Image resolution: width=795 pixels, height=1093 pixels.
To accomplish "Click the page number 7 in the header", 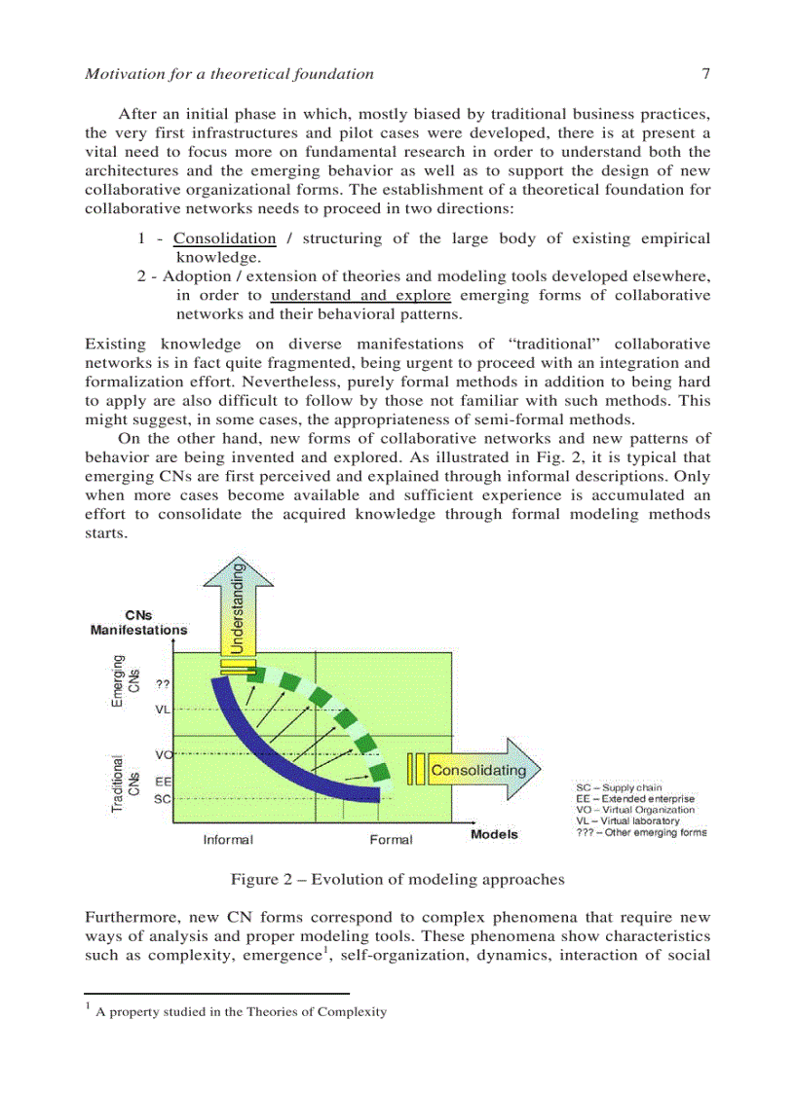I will pos(705,73).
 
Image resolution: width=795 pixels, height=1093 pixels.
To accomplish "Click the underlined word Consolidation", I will pos(225,238).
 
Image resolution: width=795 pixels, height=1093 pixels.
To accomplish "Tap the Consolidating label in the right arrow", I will pos(478,770).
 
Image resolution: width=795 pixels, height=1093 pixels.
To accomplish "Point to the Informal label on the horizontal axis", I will pos(228,839).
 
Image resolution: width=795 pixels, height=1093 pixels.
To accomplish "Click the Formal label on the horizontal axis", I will pos(391,839).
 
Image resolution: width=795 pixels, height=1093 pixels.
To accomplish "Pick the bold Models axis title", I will pos(495,834).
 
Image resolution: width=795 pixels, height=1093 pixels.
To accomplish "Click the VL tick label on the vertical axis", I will pos(163,710).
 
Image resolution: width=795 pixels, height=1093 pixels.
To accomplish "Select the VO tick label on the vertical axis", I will pos(163,754).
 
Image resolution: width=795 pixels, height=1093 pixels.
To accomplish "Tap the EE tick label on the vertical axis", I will pos(163,781).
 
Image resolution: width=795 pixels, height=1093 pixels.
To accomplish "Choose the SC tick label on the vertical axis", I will pos(163,798).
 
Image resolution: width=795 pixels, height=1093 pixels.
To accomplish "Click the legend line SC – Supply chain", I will pos(620,787).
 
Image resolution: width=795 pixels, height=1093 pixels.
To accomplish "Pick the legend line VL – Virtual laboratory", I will pos(628,820).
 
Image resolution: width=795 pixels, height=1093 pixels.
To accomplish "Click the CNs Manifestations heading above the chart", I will pos(139,623).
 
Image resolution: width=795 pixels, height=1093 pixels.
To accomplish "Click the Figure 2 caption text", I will pos(397,880).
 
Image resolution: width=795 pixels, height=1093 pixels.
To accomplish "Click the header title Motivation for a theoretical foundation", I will pos(230,73).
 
